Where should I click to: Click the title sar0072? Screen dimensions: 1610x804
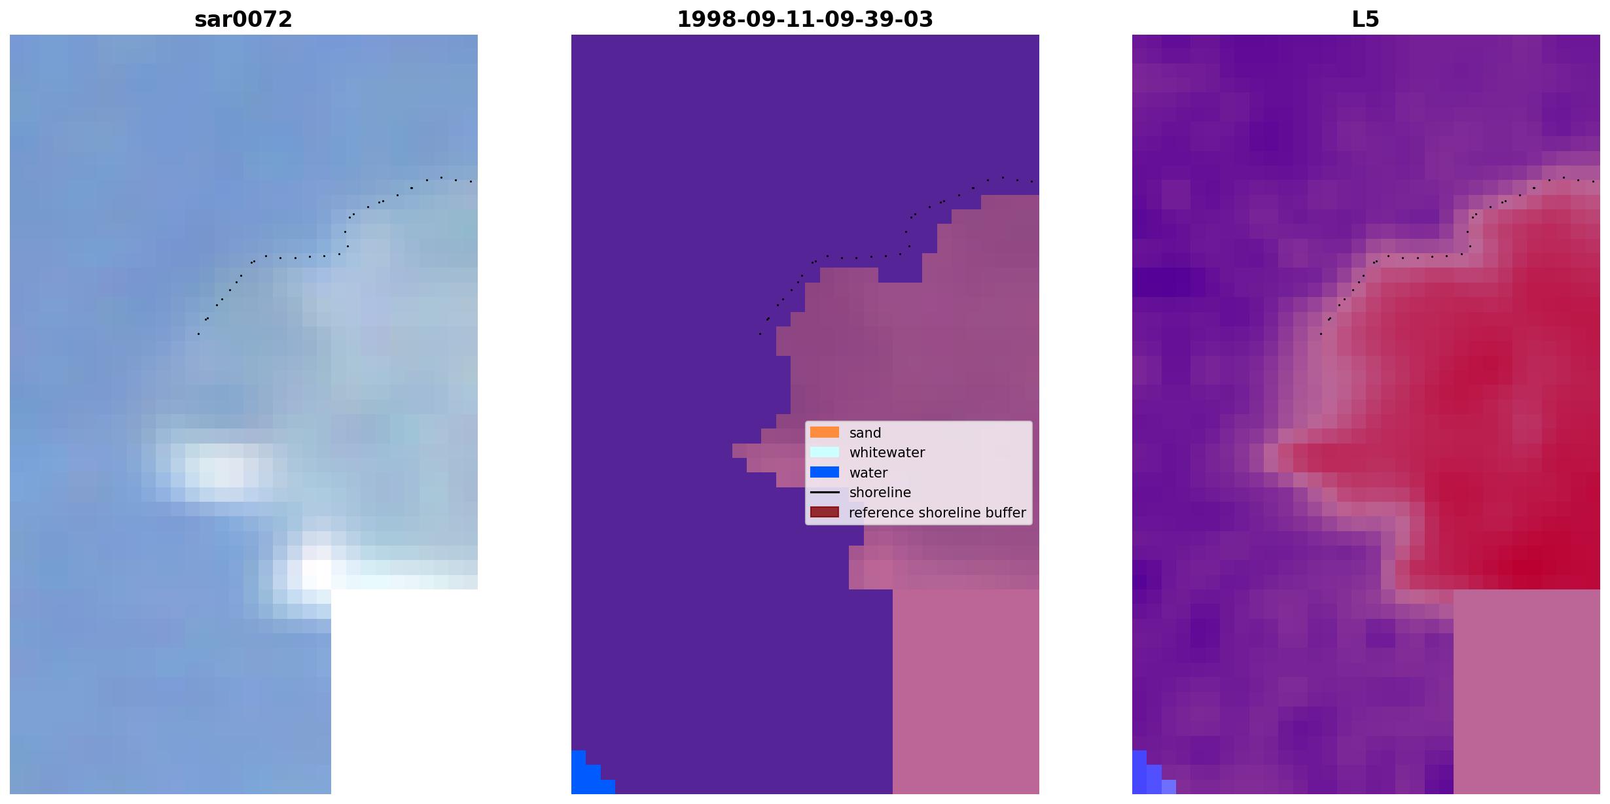(243, 20)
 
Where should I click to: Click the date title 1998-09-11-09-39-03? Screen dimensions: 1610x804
(805, 20)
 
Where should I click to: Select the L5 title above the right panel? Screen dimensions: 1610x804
(1366, 20)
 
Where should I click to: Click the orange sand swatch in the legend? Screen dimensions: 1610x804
(825, 432)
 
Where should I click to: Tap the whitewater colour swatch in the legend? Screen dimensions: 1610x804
(825, 452)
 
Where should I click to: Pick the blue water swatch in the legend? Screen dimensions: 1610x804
(825, 472)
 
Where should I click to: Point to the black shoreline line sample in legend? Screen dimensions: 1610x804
(825, 493)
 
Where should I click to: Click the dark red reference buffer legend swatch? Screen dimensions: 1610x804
(825, 512)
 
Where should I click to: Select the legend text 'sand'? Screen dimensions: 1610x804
(865, 433)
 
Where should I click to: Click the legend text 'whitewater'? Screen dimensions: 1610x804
(887, 453)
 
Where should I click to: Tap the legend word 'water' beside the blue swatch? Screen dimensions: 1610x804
(868, 473)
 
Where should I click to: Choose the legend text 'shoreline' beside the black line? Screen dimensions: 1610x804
(880, 493)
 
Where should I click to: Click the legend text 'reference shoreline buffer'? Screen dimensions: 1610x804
(937, 513)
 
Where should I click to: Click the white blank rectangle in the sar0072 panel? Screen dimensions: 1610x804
(404, 691)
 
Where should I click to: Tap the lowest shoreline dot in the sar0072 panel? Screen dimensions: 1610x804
(198, 334)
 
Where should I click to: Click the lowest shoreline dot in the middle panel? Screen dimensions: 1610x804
(760, 334)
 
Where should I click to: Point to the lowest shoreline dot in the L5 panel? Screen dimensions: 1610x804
(1321, 334)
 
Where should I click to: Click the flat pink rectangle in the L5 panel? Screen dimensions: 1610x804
(1527, 691)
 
